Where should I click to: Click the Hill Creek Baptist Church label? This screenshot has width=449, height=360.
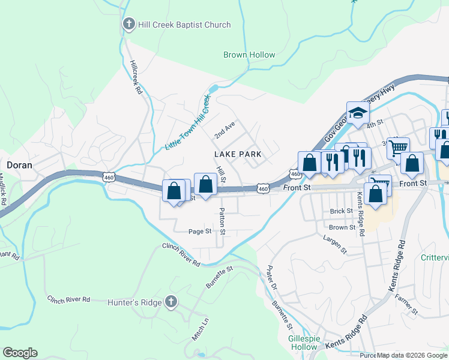click(x=184, y=25)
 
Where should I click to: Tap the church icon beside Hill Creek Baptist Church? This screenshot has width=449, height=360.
click(x=128, y=25)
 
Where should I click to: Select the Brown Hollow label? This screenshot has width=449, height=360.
click(x=249, y=55)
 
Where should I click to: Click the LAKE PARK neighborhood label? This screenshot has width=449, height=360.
click(x=238, y=154)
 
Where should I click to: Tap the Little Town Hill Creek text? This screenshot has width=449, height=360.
click(x=188, y=123)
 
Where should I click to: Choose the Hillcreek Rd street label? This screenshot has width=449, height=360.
click(x=135, y=76)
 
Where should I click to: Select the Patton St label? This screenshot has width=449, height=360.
click(x=222, y=221)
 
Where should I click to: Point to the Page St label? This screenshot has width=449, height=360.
click(x=200, y=231)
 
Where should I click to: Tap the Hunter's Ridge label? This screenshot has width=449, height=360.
click(x=134, y=302)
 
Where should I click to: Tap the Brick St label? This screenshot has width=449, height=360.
click(x=341, y=211)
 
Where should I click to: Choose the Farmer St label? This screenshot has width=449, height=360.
click(x=406, y=304)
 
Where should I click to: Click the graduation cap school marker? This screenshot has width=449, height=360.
click(x=357, y=113)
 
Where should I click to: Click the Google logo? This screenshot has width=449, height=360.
click(x=20, y=353)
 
